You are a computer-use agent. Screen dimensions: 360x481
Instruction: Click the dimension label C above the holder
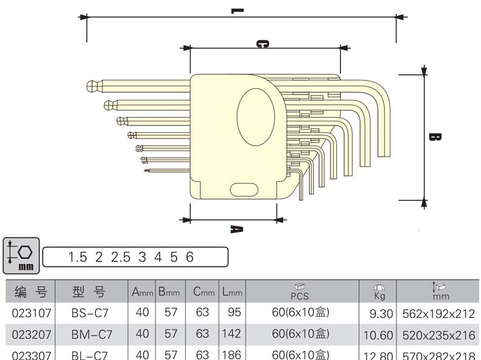pyautogui.click(x=262, y=44)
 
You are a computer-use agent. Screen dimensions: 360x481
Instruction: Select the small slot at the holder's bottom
pyautogui.click(x=244, y=189)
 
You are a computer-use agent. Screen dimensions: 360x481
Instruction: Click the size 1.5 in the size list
pyautogui.click(x=78, y=257)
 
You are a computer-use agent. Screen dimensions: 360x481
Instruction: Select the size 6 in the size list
pyautogui.click(x=189, y=257)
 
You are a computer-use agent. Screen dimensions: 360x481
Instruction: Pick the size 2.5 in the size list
pyautogui.click(x=121, y=257)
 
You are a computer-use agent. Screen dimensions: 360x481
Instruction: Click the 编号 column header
pyautogui.click(x=30, y=293)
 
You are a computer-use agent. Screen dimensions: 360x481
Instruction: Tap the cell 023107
pyautogui.click(x=30, y=314)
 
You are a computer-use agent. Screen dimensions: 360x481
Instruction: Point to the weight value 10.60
pyautogui.click(x=377, y=334)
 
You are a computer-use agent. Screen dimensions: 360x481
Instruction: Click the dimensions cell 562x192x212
pyautogui.click(x=438, y=314)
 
